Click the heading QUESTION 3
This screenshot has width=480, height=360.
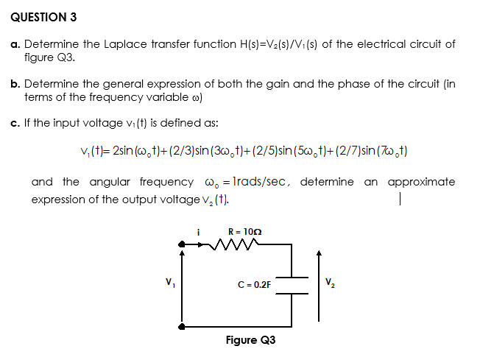[44, 16]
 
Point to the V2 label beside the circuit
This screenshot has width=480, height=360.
[332, 281]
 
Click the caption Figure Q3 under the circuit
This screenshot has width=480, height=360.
[250, 340]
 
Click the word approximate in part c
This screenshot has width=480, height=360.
[421, 182]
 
